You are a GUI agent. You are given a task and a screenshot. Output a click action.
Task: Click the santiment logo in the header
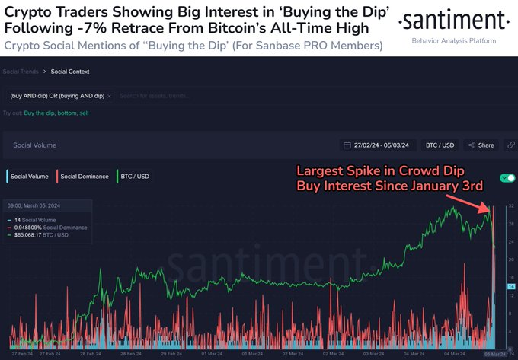pyautogui.click(x=454, y=19)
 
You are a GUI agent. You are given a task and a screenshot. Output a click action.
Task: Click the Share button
pyautogui.click(x=482, y=145)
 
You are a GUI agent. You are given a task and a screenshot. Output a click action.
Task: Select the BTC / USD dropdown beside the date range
pyautogui.click(x=440, y=145)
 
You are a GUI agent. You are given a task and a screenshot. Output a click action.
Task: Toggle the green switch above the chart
pyautogui.click(x=506, y=178)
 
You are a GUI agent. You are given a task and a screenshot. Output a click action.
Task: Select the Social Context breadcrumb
pyautogui.click(x=70, y=72)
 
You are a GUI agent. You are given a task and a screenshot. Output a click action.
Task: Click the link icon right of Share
pyautogui.click(x=510, y=145)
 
